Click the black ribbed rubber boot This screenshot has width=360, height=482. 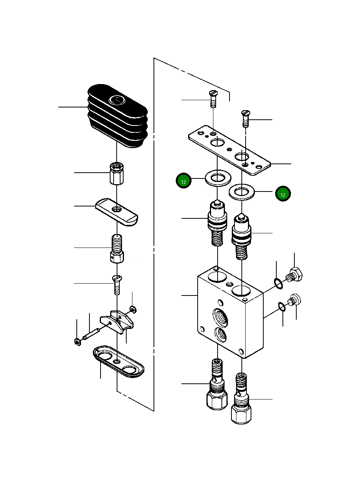118,115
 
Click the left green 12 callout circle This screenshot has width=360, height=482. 184,181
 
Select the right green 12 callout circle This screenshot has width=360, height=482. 283,194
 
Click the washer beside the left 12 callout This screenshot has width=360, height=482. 218,178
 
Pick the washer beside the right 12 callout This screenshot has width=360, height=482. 241,191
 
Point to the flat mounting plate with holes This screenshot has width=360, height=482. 230,149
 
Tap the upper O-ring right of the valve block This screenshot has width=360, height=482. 279,283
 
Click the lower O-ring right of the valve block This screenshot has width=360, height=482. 282,306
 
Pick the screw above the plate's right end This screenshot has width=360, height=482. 245,118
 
